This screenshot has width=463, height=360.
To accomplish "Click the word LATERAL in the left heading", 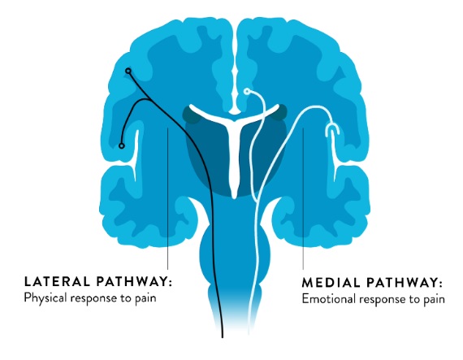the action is [57, 281].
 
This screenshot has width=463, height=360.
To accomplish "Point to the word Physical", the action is [45, 297].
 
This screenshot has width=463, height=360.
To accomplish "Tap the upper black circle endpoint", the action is [128, 71].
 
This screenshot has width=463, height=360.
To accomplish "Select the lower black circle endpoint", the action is [121, 145].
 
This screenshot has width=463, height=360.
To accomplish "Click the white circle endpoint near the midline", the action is [247, 92].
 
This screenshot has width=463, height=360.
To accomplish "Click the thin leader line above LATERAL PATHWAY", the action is [167, 198].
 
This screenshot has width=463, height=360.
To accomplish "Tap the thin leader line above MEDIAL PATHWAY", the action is [303, 198].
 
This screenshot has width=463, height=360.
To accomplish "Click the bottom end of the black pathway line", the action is [223, 336].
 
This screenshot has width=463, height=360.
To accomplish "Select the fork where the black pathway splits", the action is [150, 101].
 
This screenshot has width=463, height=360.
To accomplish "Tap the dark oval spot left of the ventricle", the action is [192, 115].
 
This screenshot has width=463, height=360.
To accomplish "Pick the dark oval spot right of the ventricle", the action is [278, 113].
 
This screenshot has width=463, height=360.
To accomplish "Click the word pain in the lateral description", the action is [145, 298].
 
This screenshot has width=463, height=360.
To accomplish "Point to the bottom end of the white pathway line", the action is [249, 333].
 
